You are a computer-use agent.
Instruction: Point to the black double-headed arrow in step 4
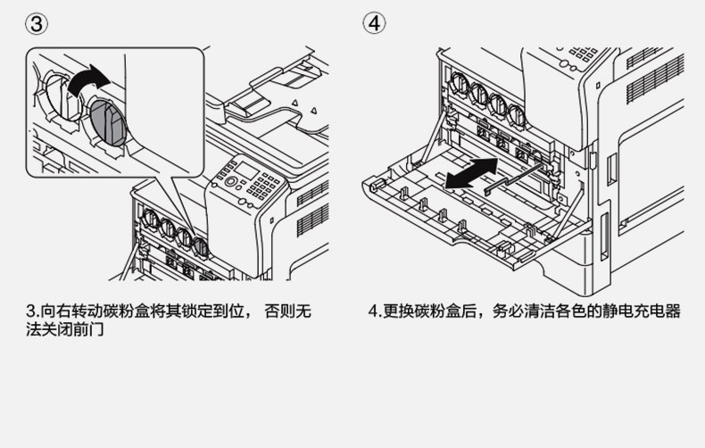[x=471, y=171]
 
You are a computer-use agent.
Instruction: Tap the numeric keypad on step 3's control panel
[x=265, y=187]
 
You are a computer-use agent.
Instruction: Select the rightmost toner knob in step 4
[x=516, y=112]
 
